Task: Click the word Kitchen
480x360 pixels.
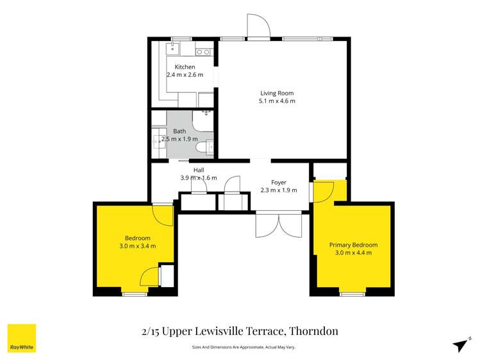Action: click(185, 67)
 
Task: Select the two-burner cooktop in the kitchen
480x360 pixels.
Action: click(203, 52)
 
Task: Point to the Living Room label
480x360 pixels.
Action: click(277, 93)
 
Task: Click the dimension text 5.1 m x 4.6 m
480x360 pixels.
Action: click(277, 101)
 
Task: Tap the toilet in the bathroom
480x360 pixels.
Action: click(203, 147)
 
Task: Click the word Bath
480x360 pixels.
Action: click(179, 131)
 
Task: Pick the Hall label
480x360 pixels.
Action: click(199, 170)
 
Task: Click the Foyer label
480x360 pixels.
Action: click(279, 183)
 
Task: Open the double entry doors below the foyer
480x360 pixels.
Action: click(278, 225)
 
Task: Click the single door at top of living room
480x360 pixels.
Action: click(260, 28)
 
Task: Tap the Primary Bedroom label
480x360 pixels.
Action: click(353, 245)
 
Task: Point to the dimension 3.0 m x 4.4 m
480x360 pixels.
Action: click(353, 252)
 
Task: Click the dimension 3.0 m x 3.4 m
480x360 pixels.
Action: click(137, 246)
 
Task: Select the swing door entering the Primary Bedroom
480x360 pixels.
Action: click(324, 192)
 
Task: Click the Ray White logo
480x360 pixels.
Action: click(21, 338)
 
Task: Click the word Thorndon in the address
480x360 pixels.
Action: click(313, 331)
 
